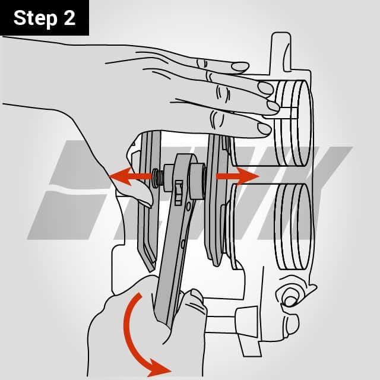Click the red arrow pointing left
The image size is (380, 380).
tap(128, 176)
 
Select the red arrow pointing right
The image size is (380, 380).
tap(239, 176)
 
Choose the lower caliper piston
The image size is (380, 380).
tap(291, 226)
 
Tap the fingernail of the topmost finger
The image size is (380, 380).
tap(240, 66)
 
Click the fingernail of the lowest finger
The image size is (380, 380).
tap(264, 128)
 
